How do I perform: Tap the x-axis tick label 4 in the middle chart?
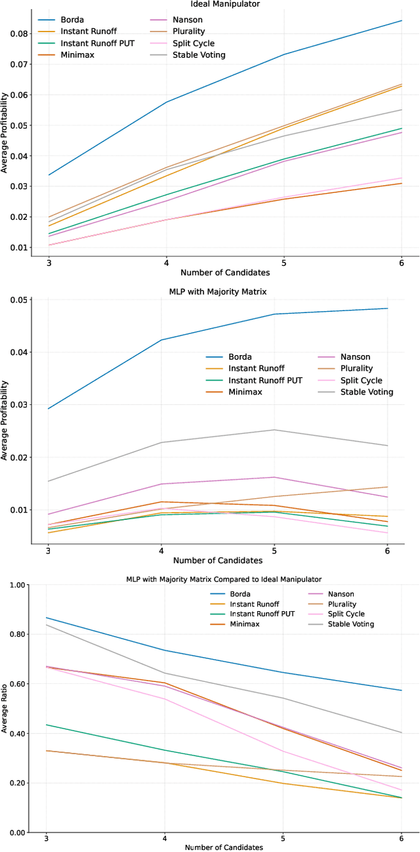pos(161,549)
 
